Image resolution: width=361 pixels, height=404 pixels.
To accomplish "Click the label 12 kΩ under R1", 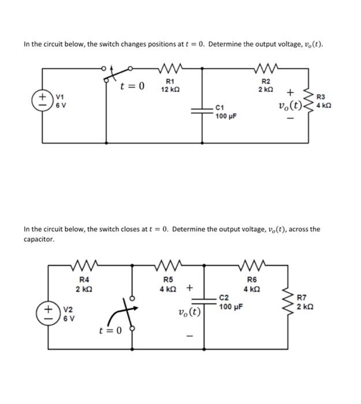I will [x=173, y=91].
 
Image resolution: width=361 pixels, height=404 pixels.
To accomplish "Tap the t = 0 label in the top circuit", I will [x=133, y=87].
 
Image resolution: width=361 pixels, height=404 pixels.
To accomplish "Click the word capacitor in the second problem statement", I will [x=39, y=238].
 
